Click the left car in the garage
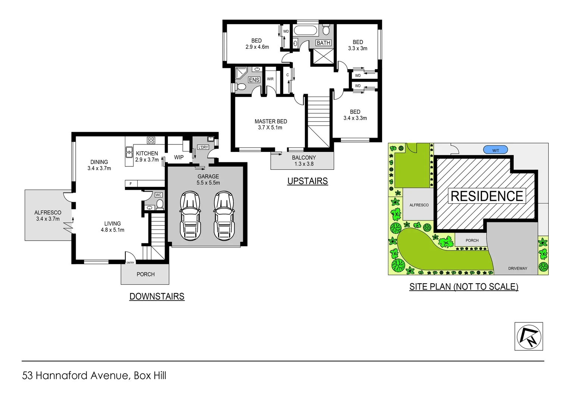[x=190, y=216]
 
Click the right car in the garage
[x=224, y=216]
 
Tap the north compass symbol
[x=529, y=336]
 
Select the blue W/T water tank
[x=495, y=150]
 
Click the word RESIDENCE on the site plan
[x=487, y=196]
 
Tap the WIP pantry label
[x=179, y=157]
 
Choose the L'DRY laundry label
[x=203, y=147]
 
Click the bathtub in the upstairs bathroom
[x=306, y=30]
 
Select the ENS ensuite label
[x=254, y=80]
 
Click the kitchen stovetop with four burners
[x=151, y=140]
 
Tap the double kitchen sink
[x=129, y=152]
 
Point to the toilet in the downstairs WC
[x=160, y=204]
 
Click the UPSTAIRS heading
[x=307, y=181]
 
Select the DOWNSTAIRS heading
[x=157, y=296]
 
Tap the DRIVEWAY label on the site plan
[x=517, y=268]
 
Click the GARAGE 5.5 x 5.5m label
[x=208, y=179]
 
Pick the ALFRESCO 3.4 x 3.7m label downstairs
[x=48, y=216]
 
